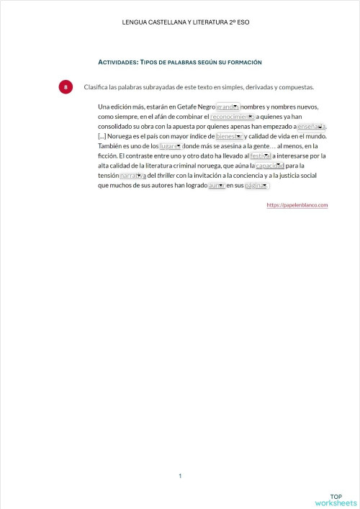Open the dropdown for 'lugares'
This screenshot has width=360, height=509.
tap(170, 145)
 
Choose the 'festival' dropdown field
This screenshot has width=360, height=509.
tap(260, 156)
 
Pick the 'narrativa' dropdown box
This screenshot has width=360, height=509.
tap(132, 175)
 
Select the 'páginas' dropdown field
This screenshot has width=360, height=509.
tap(256, 185)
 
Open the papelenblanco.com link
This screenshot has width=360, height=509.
tap(297, 205)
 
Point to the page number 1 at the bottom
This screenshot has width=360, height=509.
tap(180, 476)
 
